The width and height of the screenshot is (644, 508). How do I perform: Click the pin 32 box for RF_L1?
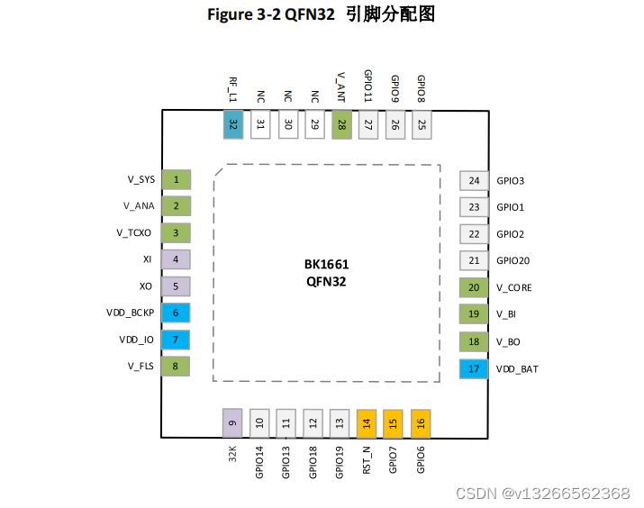[x=234, y=124]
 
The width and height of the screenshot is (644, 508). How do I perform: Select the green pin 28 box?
[x=341, y=124]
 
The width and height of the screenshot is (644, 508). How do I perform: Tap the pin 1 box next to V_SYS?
[x=177, y=180]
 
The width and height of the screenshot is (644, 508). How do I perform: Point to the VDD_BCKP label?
[x=131, y=314]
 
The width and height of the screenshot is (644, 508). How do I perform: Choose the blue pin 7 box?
[x=177, y=340]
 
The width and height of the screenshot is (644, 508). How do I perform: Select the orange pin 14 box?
[x=367, y=422]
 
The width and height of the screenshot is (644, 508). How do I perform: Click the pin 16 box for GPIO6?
[x=421, y=422]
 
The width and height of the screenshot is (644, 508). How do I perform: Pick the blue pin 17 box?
[x=474, y=368]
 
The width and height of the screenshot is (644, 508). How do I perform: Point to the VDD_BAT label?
[x=517, y=369]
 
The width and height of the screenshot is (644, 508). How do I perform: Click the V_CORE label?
[x=513, y=288]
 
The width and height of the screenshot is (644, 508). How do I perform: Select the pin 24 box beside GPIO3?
[x=474, y=180]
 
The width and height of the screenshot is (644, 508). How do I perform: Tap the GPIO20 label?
[x=513, y=261]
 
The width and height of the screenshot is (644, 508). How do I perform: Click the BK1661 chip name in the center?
[x=326, y=265]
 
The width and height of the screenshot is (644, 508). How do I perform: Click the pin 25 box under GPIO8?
[x=421, y=124]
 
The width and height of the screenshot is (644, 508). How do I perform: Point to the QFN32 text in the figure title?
[x=309, y=15]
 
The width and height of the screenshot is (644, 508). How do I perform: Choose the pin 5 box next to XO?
[x=177, y=287]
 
